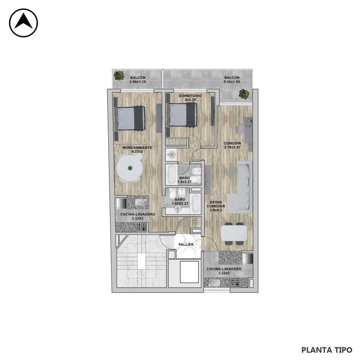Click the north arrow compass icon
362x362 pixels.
23,23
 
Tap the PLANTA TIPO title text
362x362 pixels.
327,350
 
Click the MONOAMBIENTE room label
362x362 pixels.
137,147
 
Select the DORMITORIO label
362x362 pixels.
190,96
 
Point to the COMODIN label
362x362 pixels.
232,143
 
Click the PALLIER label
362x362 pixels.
186,245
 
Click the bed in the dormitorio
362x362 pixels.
182,115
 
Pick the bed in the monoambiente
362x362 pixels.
130,118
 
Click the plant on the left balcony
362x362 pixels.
119,75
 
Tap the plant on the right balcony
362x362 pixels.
244,94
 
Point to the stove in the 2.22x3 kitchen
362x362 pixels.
235,283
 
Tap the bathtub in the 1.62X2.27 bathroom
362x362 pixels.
195,203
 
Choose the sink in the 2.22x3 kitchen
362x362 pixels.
213,282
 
